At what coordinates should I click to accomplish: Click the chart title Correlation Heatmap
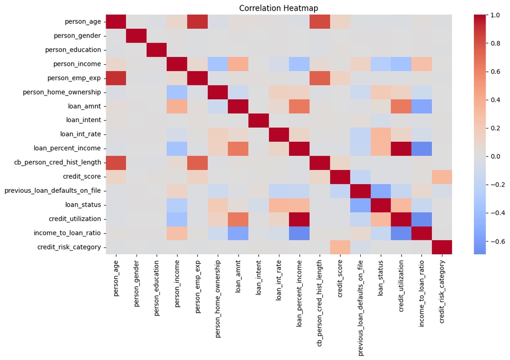point(278,8)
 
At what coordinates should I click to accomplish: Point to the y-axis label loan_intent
point(84,120)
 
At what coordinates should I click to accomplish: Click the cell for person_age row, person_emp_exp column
point(198,22)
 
